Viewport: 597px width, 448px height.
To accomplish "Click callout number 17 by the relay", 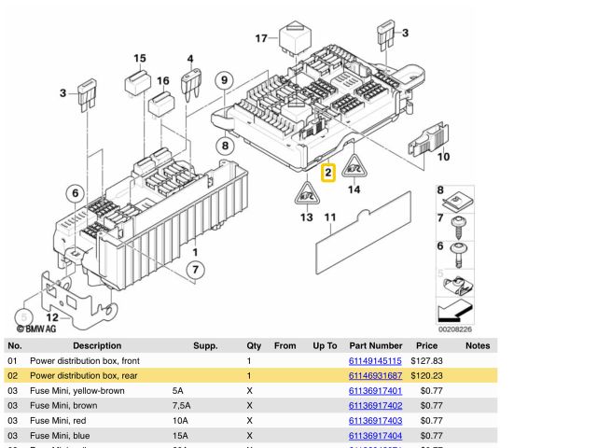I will (262, 38).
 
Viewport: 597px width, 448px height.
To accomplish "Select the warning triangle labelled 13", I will (306, 194).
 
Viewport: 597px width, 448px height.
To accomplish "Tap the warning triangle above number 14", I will (354, 168).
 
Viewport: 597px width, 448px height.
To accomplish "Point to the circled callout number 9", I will (224, 80).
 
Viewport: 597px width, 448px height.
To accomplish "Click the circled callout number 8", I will (226, 145).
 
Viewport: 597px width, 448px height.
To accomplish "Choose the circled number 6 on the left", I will (75, 193).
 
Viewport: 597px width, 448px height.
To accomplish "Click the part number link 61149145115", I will (375, 360).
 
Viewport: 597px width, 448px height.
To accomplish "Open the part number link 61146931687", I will (375, 375).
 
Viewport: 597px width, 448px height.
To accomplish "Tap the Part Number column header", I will (375, 345).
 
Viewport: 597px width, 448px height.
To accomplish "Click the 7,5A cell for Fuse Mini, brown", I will (182, 405).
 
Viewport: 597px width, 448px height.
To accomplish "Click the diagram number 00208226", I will (454, 329).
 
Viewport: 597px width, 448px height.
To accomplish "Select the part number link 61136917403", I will (375, 420).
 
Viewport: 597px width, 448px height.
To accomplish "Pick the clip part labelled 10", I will (426, 142).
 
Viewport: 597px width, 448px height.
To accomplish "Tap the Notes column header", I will (478, 345).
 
